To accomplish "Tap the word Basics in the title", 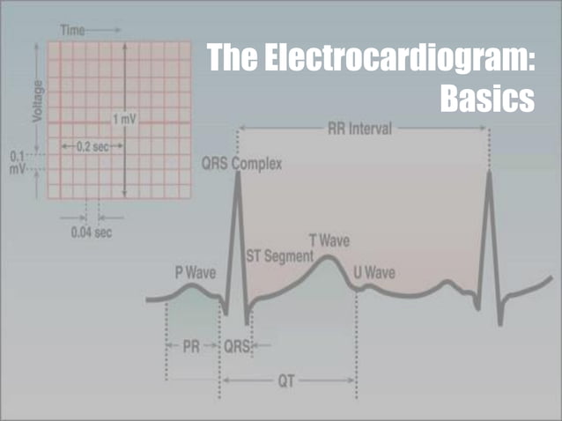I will (487, 96).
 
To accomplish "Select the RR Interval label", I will (360, 129).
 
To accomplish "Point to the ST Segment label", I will (278, 256).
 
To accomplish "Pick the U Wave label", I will (373, 272).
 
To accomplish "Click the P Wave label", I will (196, 272).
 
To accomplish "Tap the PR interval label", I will (191, 347).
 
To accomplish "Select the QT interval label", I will (288, 380).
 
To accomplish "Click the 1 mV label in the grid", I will (125, 118).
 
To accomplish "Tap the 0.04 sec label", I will (92, 233).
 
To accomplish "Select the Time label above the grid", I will (73, 29).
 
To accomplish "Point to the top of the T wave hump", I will (327, 257).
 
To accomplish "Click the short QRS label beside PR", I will (236, 347).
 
